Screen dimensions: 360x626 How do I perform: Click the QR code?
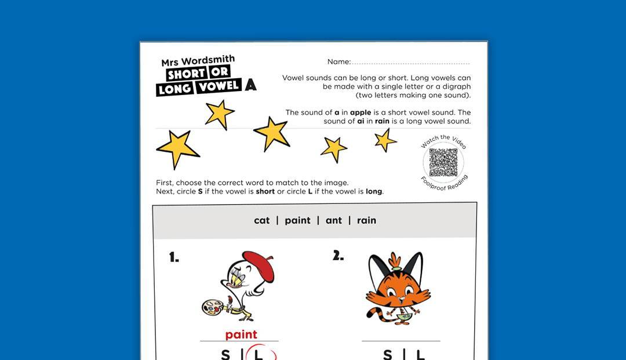(443, 162)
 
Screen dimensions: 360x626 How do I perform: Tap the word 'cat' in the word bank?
(262, 220)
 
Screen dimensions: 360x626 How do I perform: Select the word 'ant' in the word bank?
(334, 220)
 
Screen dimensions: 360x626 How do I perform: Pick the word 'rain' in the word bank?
(366, 220)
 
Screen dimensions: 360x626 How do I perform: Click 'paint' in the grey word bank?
(298, 220)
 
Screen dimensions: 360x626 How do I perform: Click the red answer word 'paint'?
(241, 334)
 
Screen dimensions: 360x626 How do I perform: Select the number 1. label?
(174, 257)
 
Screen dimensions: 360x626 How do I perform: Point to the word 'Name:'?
(339, 62)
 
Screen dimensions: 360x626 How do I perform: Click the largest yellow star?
(177, 148)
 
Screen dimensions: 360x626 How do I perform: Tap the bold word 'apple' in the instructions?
(361, 112)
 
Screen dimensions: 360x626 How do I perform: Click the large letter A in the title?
(250, 85)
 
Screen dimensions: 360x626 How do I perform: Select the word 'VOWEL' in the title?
(219, 86)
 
